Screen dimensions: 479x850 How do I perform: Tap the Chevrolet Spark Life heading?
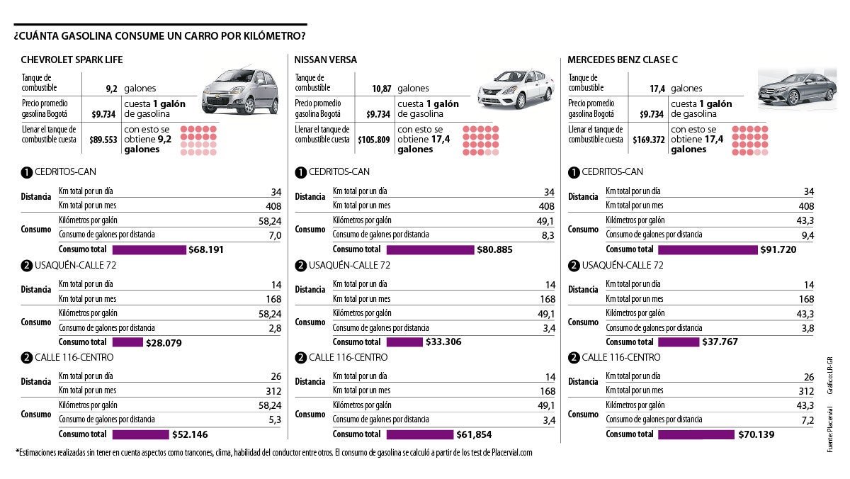tap(72, 60)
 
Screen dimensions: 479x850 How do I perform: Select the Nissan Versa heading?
tap(325, 60)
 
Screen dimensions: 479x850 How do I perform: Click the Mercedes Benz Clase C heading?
tap(623, 60)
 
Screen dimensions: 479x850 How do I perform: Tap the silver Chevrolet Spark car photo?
tap(241, 91)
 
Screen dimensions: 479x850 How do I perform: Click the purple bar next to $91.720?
tap(707, 249)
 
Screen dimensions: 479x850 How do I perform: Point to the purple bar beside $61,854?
tap(419, 434)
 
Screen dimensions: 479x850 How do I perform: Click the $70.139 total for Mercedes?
tap(758, 434)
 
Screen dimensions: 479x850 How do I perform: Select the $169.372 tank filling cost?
tap(645, 140)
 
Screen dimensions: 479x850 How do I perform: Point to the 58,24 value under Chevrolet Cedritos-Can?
tap(270, 221)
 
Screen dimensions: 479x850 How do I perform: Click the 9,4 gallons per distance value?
tap(807, 235)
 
